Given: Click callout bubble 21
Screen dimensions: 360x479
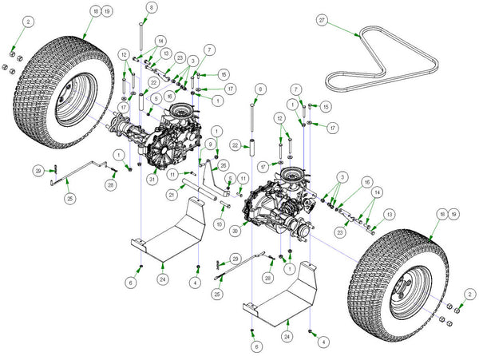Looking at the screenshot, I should [x=172, y=195].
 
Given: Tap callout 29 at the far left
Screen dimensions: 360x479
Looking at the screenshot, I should [x=38, y=171].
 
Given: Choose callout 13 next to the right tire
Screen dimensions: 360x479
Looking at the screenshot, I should [x=389, y=215].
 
